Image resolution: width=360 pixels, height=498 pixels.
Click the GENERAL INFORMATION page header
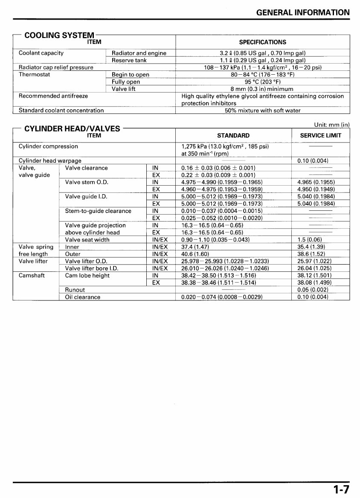[302, 12]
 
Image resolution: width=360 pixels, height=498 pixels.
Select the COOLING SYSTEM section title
[59, 35]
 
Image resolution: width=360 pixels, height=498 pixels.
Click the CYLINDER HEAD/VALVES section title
[72, 128]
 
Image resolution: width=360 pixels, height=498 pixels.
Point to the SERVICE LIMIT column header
[321, 136]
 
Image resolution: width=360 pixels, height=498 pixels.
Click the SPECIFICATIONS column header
[262, 42]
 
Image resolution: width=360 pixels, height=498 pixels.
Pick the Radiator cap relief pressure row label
[56, 67]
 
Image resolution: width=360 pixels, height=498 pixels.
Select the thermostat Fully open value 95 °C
[262, 82]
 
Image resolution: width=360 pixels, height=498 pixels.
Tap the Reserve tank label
[129, 60]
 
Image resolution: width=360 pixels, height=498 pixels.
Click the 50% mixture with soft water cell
[262, 111]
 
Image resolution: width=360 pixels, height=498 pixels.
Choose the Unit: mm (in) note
[331, 125]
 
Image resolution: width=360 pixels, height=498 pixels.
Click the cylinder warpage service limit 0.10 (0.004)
[312, 161]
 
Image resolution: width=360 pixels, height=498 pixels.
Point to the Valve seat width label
[87, 240]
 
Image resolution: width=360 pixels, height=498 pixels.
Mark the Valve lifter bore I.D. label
[91, 268]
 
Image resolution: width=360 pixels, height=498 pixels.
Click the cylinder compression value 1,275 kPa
[225, 146]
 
